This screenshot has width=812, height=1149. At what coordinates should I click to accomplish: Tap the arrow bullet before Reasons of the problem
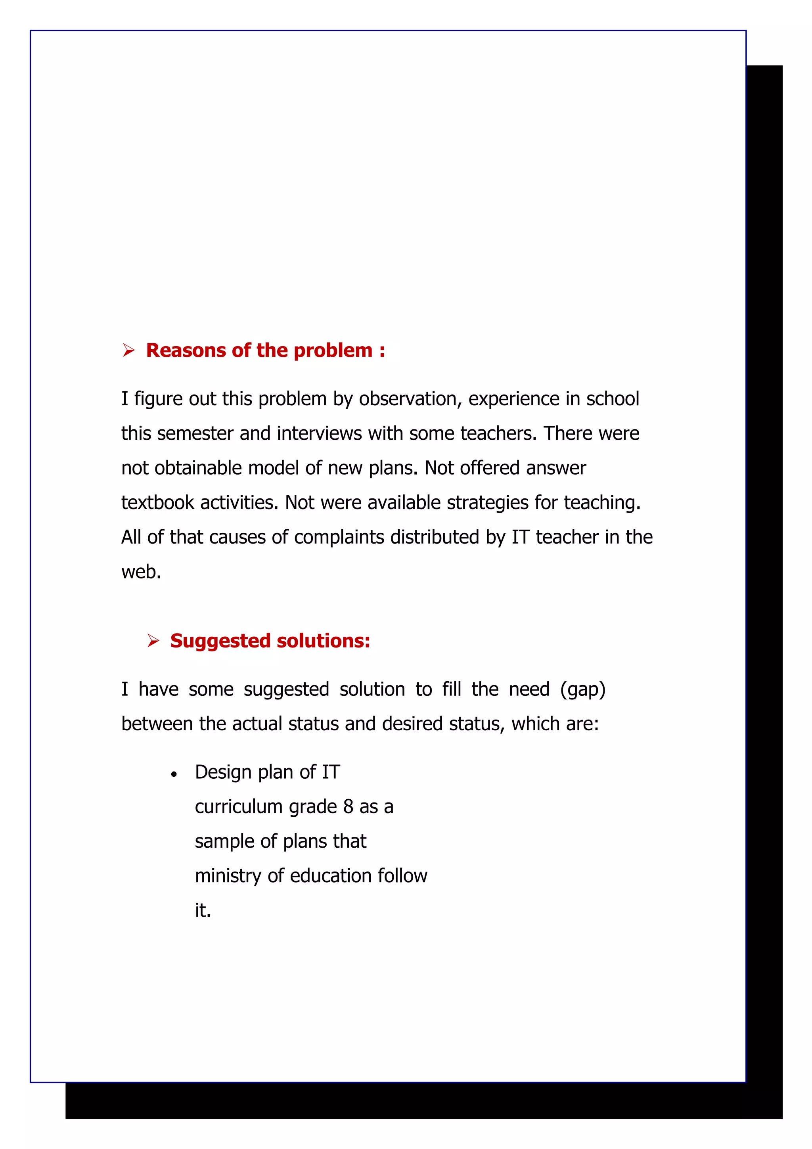[128, 351]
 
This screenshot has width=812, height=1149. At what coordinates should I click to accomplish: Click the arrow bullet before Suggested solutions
[153, 641]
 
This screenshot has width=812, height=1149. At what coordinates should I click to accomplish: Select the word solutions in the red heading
[323, 641]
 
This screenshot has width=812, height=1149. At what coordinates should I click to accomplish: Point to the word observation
[410, 399]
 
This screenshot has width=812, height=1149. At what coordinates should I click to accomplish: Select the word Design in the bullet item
[224, 772]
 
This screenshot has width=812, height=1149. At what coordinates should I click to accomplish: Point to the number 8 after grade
[348, 807]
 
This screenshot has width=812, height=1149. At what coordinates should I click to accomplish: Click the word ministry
[228, 876]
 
